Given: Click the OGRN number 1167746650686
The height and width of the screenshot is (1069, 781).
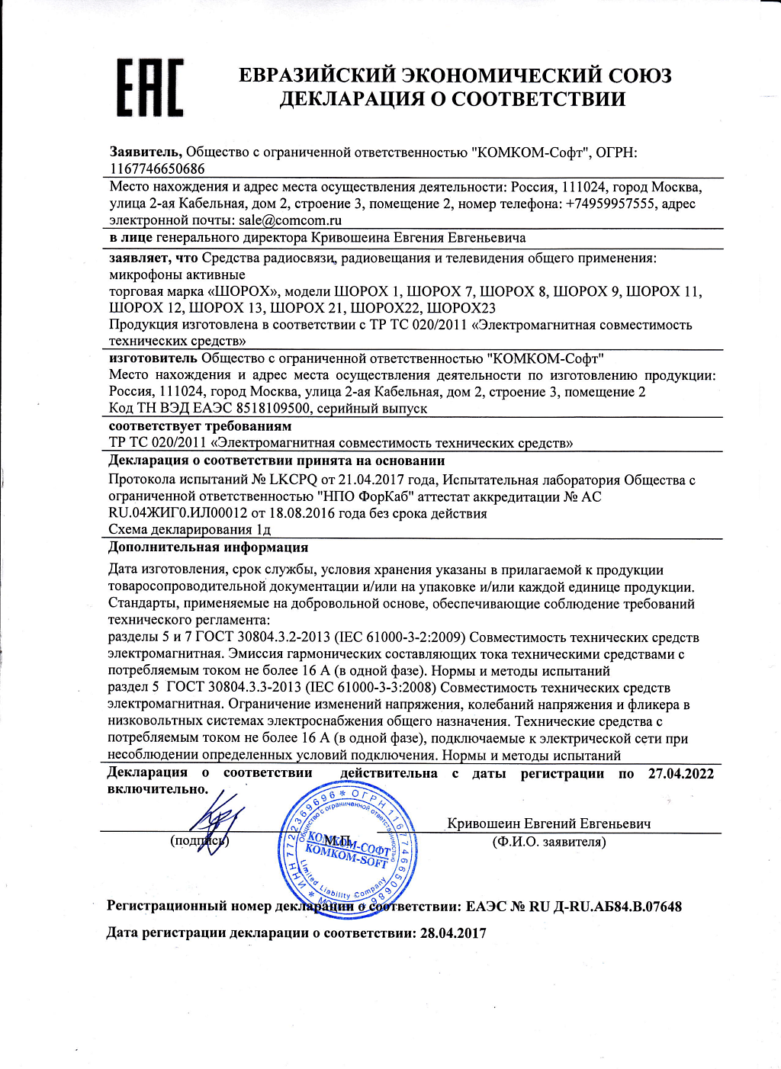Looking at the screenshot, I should click(x=157, y=169).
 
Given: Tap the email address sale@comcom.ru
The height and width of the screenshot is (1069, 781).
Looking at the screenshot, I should click(x=290, y=220).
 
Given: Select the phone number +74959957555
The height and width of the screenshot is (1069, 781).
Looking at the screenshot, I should click(x=610, y=204).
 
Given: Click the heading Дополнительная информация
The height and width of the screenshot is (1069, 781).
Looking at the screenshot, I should click(x=208, y=547).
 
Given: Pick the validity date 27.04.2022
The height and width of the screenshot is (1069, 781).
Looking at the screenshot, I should click(x=681, y=773).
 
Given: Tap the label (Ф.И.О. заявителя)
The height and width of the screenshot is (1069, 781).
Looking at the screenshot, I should click(x=549, y=842).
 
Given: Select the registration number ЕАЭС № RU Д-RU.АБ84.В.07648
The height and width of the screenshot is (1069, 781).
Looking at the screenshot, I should click(x=574, y=907).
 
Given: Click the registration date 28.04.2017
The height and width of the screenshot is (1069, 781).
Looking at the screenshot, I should click(x=453, y=933).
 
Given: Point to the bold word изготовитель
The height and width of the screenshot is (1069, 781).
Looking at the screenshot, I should click(x=153, y=358).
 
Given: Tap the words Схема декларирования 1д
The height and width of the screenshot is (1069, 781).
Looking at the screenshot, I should click(x=190, y=529).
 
